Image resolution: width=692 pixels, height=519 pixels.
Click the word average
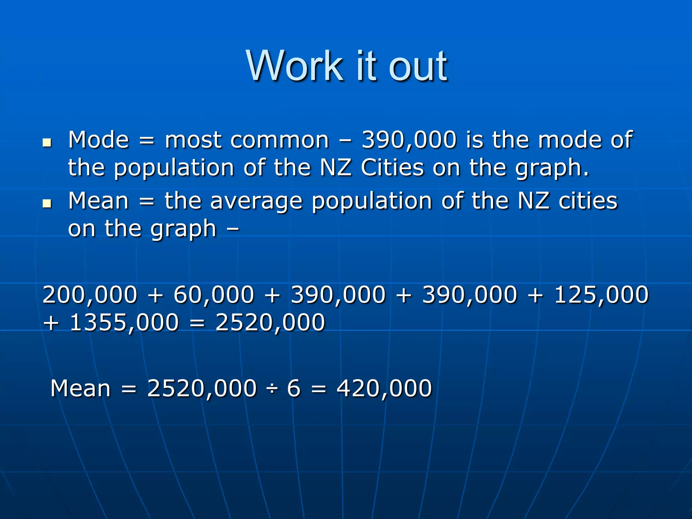[x=256, y=201]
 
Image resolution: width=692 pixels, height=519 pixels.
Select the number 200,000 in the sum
[x=90, y=294]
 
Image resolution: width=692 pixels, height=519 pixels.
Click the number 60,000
[x=214, y=294]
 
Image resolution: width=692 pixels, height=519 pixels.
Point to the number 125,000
[x=601, y=294]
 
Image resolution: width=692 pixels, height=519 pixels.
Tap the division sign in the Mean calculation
[x=272, y=389]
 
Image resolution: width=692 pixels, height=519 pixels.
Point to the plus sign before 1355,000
[x=51, y=323]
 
